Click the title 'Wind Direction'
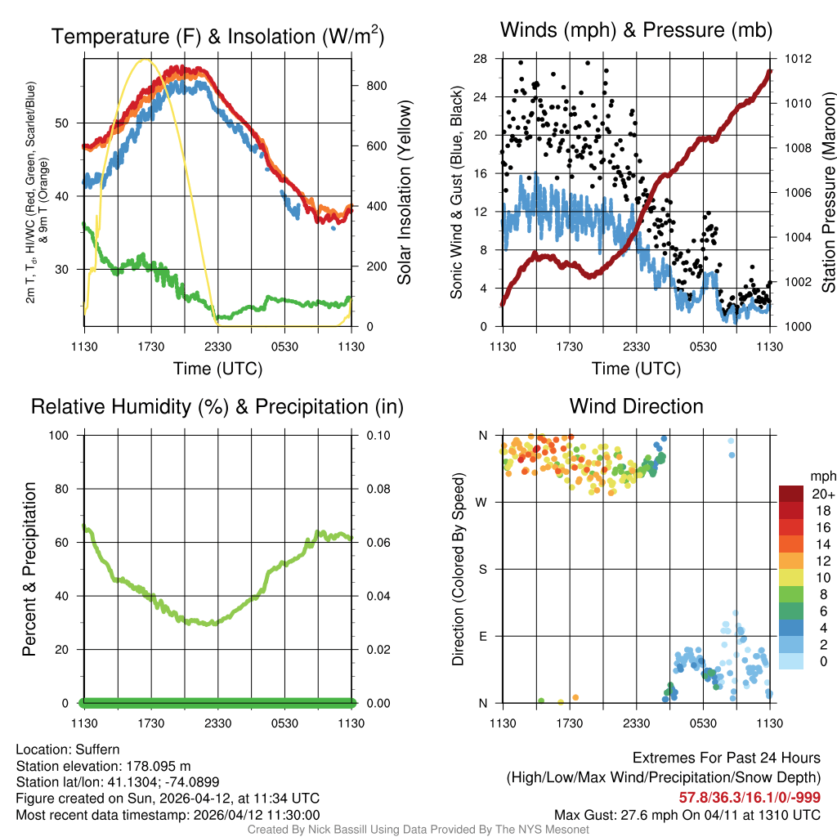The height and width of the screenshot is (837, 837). coord(636,406)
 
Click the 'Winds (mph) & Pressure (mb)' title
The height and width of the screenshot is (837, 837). coord(636,31)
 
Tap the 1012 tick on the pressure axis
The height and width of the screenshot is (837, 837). coord(797,59)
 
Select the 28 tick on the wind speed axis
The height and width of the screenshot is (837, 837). coord(481,59)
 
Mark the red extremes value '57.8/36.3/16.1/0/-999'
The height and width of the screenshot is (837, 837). coord(750,797)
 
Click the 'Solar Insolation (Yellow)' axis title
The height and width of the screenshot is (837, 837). coord(404,193)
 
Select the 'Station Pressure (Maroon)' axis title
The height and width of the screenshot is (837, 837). coord(827,193)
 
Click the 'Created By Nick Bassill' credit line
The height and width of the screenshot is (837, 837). coord(418,830)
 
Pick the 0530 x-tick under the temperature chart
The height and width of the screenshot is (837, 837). coord(284,347)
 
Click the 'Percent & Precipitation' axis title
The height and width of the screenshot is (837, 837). coord(30,569)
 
